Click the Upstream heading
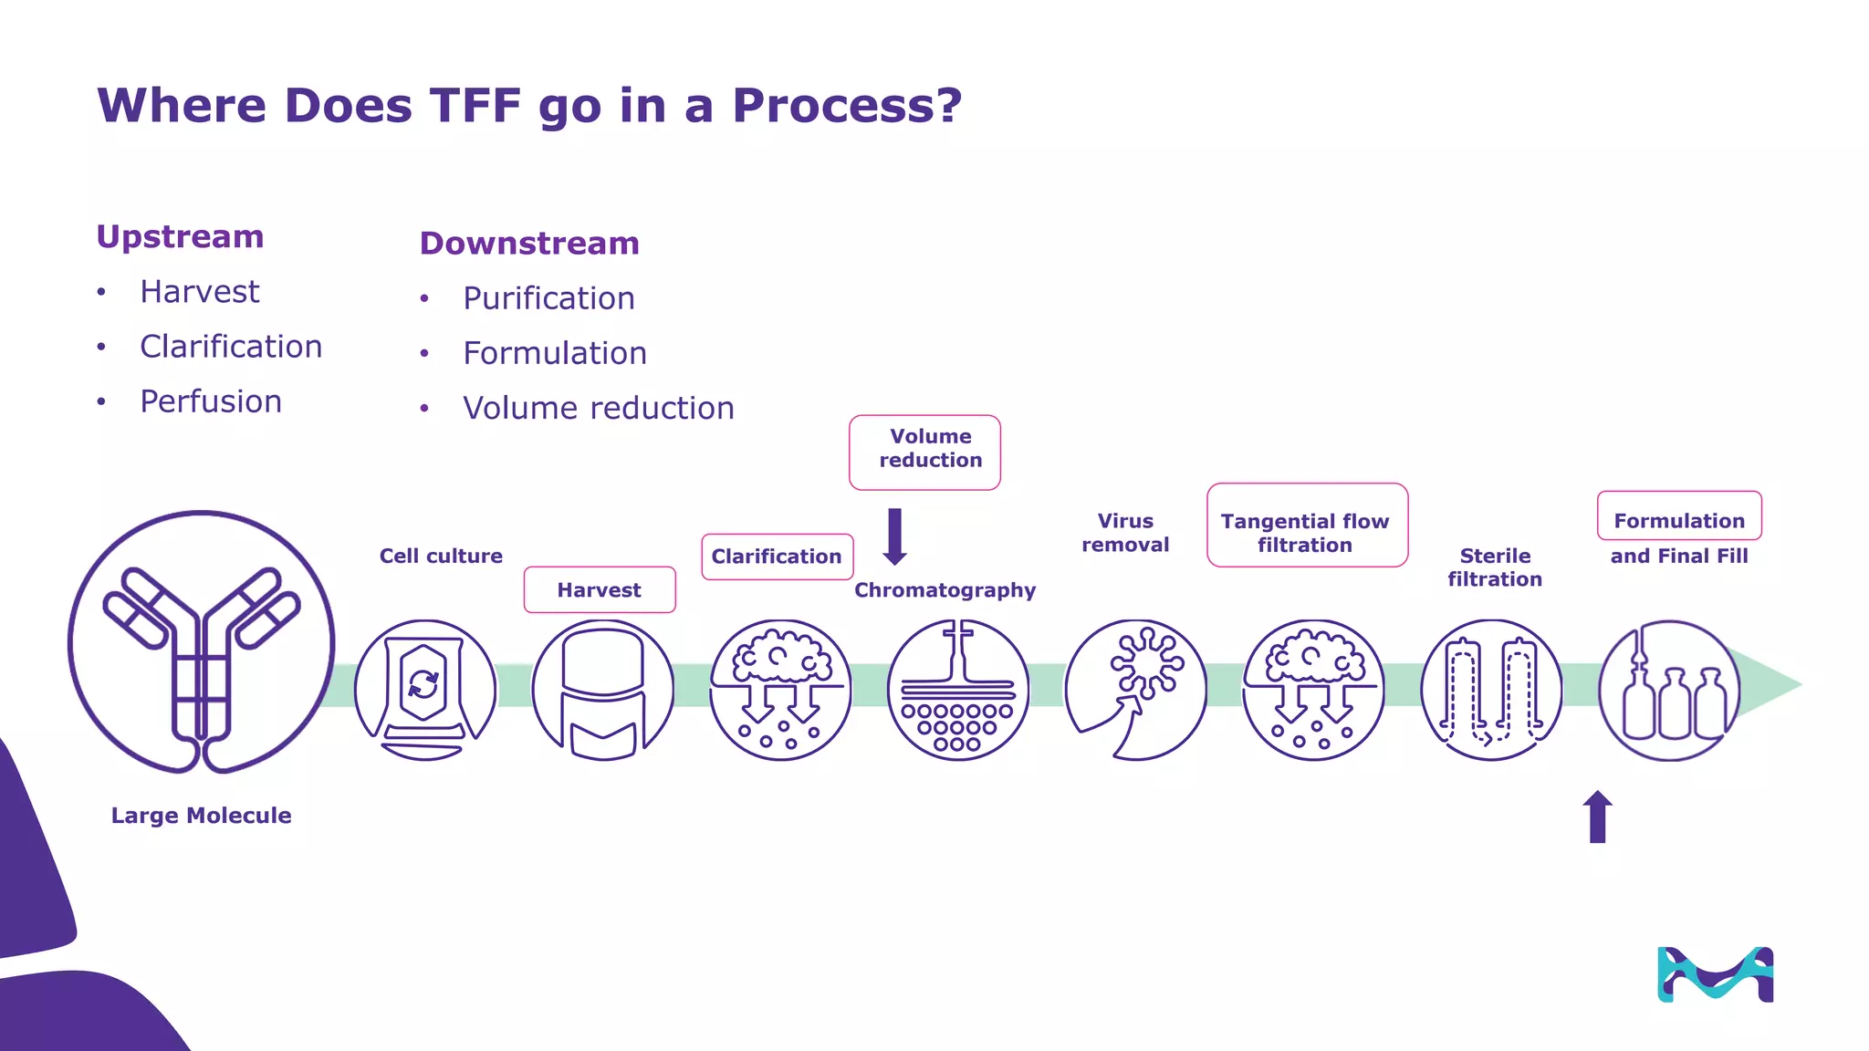180,237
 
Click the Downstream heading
529,244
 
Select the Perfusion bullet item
210,401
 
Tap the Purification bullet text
548,298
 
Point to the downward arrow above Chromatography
894,536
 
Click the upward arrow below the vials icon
1597,817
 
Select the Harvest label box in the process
600,590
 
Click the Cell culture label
441,556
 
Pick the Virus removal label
1125,533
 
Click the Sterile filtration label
1495,567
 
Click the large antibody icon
202,643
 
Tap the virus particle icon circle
1136,691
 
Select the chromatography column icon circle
958,691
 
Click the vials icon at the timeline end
1670,691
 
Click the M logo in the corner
1715,974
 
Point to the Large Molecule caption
201,816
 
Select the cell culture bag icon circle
425,691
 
